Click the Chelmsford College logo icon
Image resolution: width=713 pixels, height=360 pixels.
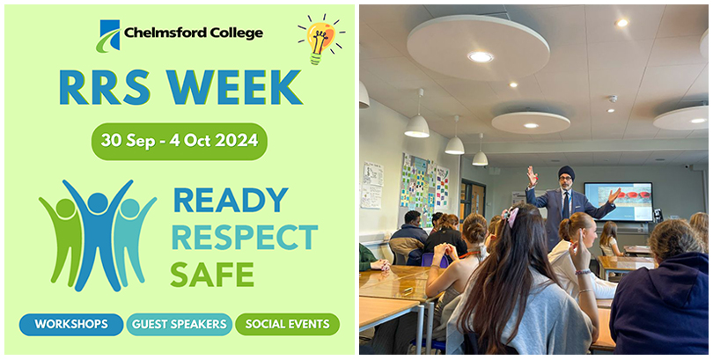(108, 35)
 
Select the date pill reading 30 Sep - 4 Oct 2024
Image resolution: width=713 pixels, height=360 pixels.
(179, 140)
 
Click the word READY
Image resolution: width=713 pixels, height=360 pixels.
(231, 200)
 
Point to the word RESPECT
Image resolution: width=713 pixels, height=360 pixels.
(244, 237)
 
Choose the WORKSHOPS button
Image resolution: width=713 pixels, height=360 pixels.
(71, 324)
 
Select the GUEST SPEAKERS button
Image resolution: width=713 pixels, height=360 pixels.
(180, 324)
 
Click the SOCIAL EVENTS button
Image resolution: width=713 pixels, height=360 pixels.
(287, 324)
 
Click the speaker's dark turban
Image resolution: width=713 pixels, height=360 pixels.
(566, 173)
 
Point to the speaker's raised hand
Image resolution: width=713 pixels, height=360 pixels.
(532, 173)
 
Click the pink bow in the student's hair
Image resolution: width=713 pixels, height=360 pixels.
(512, 215)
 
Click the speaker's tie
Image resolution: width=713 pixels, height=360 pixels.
(564, 204)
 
